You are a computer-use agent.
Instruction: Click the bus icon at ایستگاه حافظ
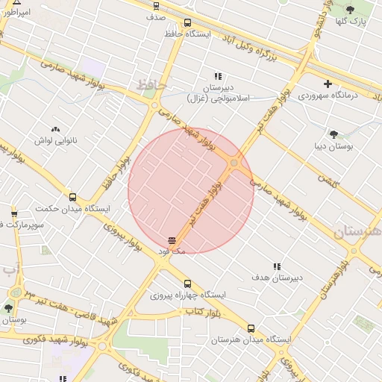tap(187, 22)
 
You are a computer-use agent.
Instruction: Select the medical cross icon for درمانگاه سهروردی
tap(328, 84)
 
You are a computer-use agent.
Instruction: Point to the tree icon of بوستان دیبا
tap(333, 134)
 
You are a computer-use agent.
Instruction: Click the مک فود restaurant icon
tap(172, 240)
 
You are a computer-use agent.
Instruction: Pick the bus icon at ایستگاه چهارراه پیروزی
tap(187, 284)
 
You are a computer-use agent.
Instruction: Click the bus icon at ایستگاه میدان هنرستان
tap(251, 328)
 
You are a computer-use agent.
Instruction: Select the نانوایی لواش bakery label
tap(55, 140)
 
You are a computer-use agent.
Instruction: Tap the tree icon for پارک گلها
tap(351, 10)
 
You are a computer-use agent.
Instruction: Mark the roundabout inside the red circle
tap(234, 163)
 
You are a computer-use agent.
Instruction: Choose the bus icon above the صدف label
tap(156, 5)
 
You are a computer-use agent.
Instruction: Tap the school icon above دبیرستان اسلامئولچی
tap(218, 76)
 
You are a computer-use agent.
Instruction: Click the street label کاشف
tap(328, 179)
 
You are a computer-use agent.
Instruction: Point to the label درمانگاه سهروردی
tap(328, 95)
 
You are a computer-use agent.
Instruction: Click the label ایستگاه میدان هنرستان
tap(250, 339)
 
